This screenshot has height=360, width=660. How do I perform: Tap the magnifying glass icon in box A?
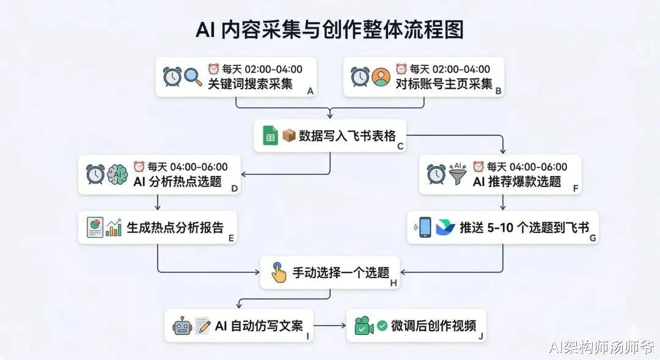coord(193,78)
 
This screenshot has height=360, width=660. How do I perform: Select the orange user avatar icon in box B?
coord(381,78)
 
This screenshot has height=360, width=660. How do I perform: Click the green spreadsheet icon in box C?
coord(270,136)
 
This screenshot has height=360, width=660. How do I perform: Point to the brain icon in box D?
coord(117,174)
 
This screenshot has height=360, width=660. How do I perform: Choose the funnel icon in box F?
coord(457,174)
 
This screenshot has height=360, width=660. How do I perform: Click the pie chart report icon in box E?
coord(95,228)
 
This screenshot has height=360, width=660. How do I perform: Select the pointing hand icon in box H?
coord(279,272)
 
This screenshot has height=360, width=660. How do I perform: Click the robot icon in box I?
coord(182,326)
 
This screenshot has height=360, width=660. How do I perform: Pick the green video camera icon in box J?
coord(364,326)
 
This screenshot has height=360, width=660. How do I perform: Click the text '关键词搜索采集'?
coord(250,84)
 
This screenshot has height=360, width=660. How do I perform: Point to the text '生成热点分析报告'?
coord(175,228)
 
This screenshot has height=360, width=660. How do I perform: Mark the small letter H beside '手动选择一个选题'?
coord(394,282)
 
